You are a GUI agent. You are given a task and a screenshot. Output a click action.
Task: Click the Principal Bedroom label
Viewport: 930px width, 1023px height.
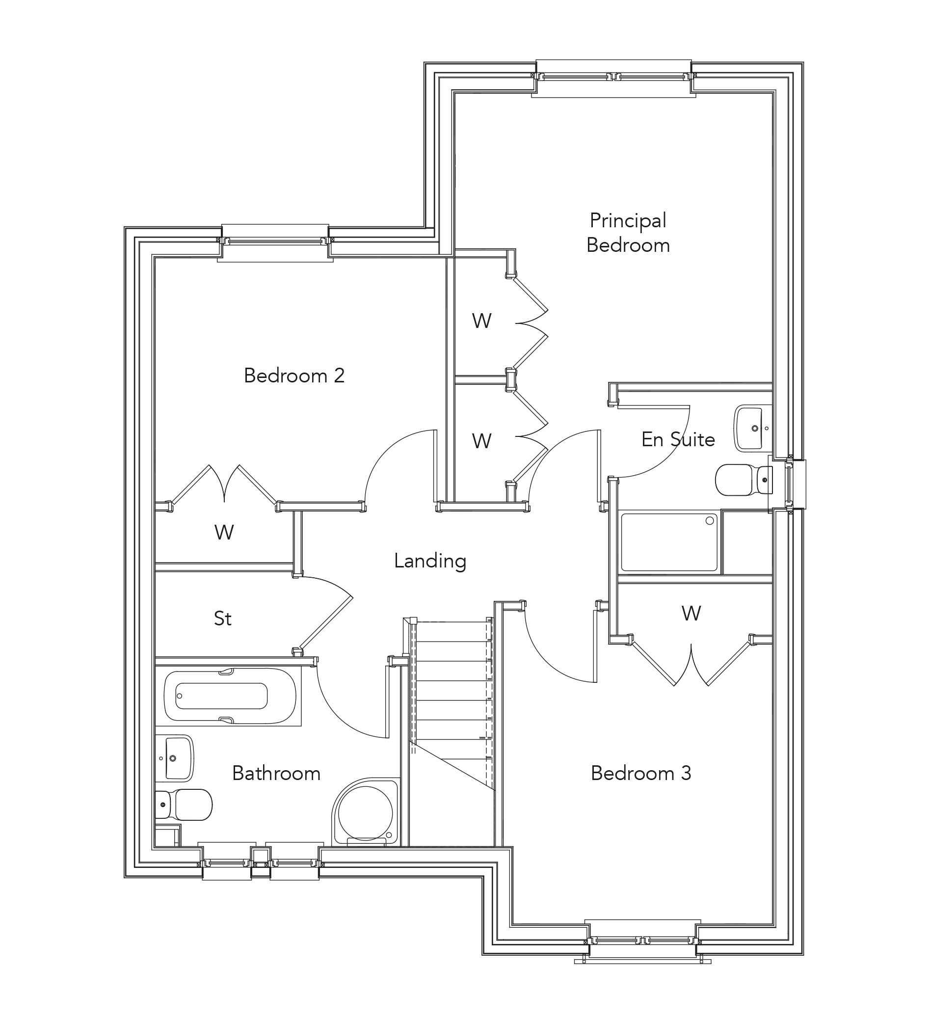(x=628, y=233)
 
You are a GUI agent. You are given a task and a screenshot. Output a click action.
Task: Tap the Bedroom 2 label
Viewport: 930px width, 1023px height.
(x=294, y=376)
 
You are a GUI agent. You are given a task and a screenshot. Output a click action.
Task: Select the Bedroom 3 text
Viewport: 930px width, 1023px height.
(x=641, y=773)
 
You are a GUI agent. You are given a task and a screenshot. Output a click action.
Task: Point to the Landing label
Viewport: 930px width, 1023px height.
(x=430, y=561)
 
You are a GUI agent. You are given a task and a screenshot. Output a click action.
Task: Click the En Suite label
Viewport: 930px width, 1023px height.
(x=678, y=439)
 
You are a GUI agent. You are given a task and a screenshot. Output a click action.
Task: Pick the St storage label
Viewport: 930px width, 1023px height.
(x=223, y=619)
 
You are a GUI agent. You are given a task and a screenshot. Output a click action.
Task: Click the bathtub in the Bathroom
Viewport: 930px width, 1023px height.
(x=230, y=696)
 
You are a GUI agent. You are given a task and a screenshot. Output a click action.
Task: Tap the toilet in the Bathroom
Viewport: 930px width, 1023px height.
(x=185, y=804)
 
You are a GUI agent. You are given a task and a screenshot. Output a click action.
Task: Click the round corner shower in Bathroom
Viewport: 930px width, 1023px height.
(x=365, y=812)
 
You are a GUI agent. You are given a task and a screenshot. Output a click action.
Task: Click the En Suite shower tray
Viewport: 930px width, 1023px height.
(x=669, y=542)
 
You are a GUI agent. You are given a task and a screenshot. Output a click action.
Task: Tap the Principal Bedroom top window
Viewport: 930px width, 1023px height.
(x=614, y=77)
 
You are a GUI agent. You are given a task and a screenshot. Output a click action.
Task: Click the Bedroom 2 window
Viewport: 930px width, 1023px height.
(x=275, y=242)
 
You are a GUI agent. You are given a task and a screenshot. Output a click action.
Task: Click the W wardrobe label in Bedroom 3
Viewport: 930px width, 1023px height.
(x=691, y=614)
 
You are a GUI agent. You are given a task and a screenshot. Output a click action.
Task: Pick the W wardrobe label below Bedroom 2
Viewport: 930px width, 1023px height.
(x=224, y=532)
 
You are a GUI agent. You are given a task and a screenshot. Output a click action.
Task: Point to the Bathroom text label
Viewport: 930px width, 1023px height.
(x=276, y=773)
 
